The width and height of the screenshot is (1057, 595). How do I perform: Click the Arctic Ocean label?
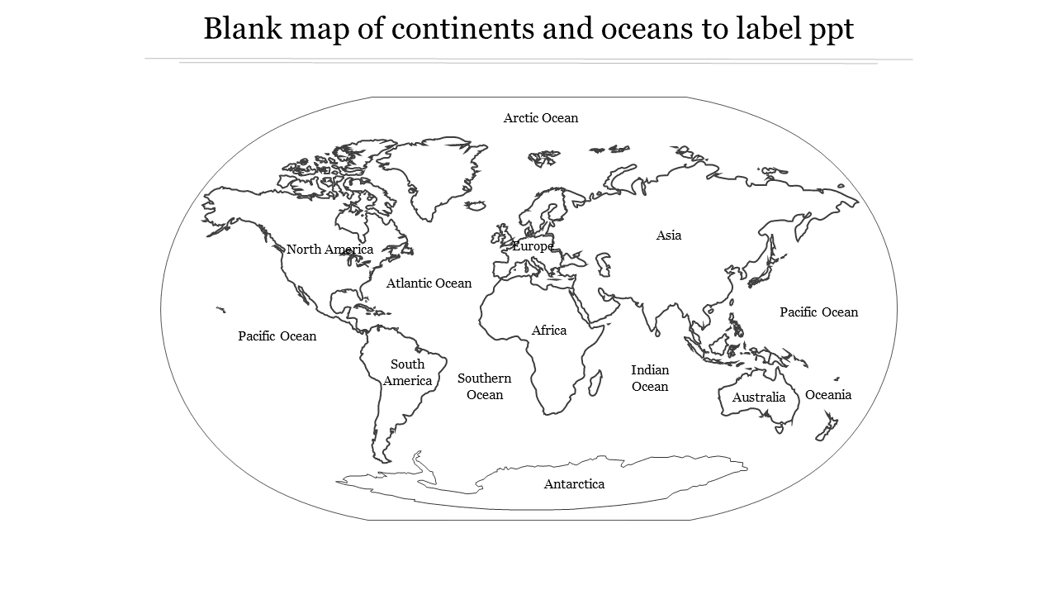541,118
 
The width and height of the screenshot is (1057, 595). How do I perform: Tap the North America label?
329,250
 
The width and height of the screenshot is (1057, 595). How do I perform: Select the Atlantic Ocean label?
429,283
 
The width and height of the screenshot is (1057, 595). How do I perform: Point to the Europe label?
533,246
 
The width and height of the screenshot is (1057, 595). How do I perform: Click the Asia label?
669,236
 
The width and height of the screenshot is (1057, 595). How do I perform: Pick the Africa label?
549,331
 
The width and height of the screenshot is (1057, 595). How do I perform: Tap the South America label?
407,373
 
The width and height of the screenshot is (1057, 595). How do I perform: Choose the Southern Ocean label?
485,386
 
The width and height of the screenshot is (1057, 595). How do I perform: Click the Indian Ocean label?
650,378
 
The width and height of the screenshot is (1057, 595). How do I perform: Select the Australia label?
759,397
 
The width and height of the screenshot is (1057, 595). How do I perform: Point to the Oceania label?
828,395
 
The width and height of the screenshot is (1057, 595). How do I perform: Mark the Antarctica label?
574,484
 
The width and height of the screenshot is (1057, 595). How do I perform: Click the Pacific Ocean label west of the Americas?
277,336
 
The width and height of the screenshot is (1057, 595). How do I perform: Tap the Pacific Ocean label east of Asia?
819,312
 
